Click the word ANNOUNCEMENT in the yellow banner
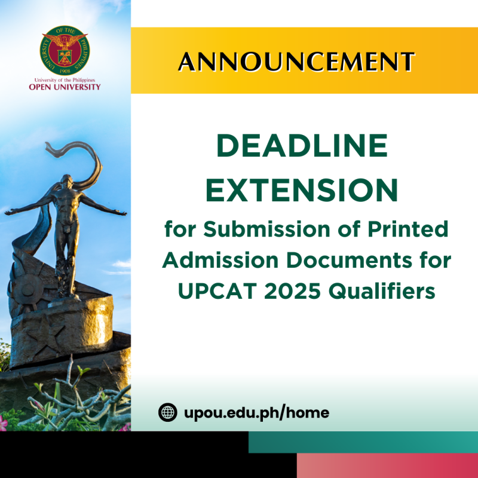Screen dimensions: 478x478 click(296, 62)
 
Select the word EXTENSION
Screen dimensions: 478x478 click(302, 190)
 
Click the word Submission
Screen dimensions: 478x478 click(267, 229)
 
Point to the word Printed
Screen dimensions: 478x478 click(408, 229)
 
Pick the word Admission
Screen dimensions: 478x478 click(220, 261)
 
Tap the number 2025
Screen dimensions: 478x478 click(292, 291)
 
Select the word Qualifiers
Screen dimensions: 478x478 click(382, 291)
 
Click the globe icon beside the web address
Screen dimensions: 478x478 click(168, 412)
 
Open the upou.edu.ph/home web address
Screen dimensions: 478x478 click(257, 413)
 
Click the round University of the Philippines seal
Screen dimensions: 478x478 click(65, 50)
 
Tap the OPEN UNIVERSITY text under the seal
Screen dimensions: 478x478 click(65, 87)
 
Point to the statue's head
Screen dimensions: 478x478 click(66, 180)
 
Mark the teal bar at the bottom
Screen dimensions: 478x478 click(363, 442)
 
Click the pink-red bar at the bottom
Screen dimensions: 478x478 click(387, 465)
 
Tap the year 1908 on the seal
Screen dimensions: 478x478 click(65, 71)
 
